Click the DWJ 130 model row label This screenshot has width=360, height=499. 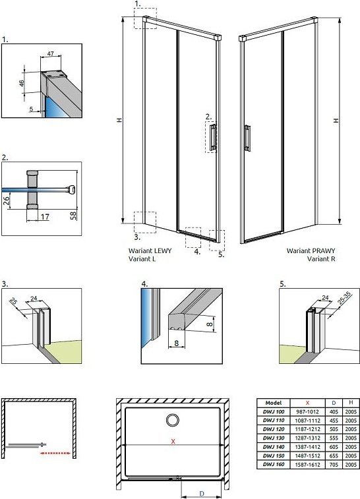(274, 438)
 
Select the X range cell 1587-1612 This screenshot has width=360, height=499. (307, 464)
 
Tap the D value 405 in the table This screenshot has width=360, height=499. (334, 411)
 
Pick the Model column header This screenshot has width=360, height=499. (274, 403)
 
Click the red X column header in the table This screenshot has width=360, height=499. (307, 403)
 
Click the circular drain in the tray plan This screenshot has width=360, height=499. (173, 420)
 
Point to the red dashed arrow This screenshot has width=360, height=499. (55, 453)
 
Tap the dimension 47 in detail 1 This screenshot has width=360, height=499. (51, 53)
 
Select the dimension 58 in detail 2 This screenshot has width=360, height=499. (74, 216)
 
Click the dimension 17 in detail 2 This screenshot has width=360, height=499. (45, 217)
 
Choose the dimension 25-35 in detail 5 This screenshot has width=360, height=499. (344, 298)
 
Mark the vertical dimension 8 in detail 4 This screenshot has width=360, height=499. (209, 324)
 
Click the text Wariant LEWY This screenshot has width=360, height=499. (150, 250)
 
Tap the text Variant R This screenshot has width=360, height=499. (321, 259)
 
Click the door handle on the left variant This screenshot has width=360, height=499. (213, 137)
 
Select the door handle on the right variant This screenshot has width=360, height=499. (247, 138)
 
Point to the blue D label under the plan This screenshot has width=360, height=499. (202, 494)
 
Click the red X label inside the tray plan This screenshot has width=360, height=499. (173, 442)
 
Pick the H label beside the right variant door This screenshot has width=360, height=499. (336, 120)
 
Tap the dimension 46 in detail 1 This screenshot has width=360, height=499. (22, 83)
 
